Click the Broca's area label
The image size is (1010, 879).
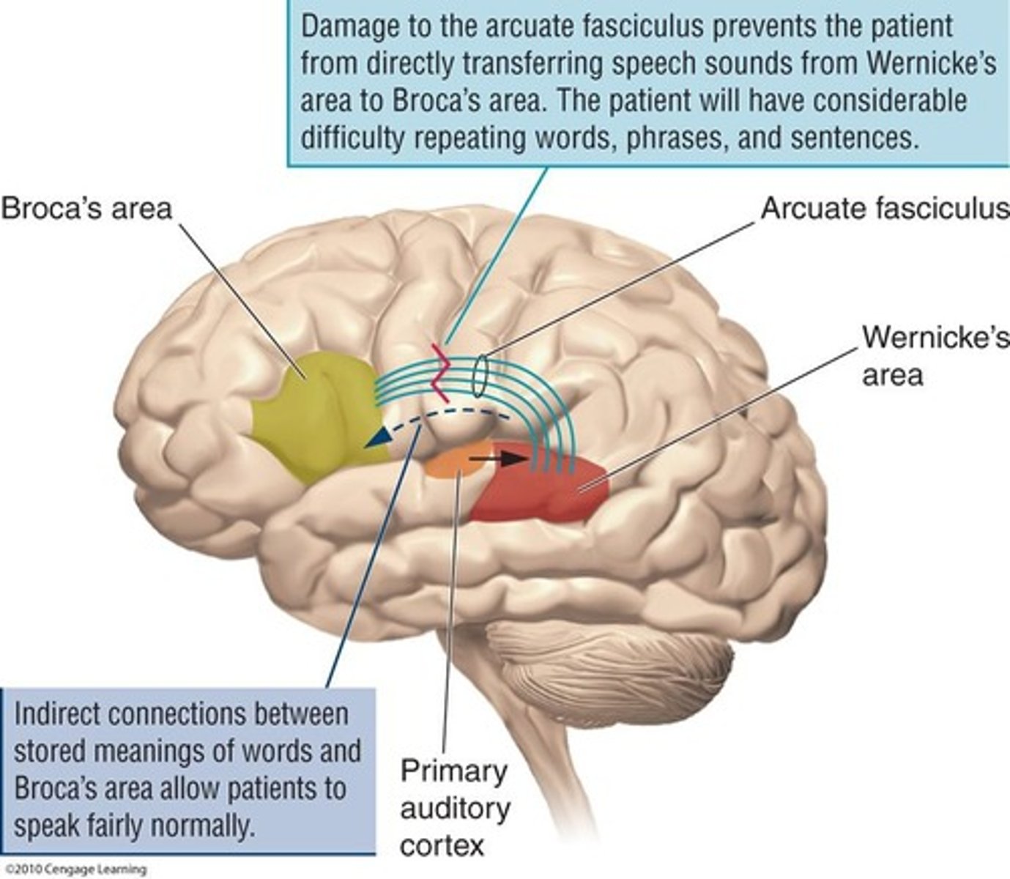[86, 209]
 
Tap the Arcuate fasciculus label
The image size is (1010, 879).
[885, 209]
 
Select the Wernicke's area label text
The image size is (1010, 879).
[914, 355]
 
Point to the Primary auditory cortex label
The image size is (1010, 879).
[454, 808]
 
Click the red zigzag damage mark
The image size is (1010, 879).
[442, 372]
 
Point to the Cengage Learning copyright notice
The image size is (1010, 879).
[73, 870]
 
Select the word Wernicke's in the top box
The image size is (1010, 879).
[931, 64]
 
